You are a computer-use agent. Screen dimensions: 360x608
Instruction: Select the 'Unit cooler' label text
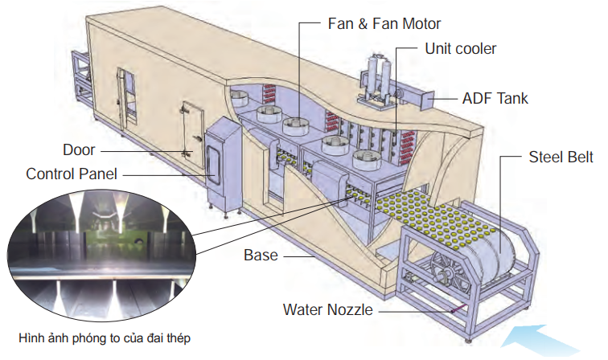point(460,49)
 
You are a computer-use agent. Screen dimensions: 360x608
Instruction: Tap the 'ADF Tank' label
point(495,99)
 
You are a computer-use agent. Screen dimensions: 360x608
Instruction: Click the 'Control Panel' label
point(72,173)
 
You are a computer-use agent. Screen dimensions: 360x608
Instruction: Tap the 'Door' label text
point(80,149)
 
